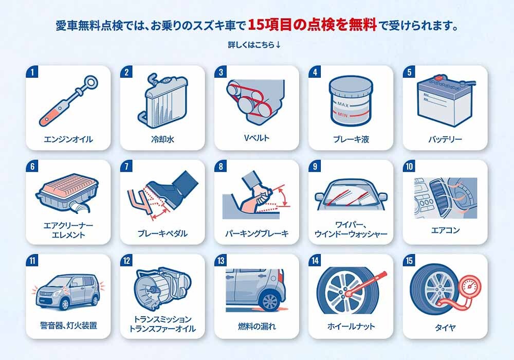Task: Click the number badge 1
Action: [x=32, y=72]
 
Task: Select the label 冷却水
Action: [x=162, y=139]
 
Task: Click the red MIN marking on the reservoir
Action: [x=342, y=115]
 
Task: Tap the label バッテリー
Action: [x=445, y=139]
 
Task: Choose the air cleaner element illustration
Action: [x=67, y=193]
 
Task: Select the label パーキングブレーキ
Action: [x=256, y=233]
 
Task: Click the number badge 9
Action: [x=315, y=166]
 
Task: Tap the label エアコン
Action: [x=445, y=230]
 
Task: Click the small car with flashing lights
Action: [x=68, y=292]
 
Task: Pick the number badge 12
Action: [x=126, y=261]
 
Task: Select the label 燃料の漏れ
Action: [x=257, y=326]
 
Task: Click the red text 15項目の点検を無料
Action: [x=312, y=25]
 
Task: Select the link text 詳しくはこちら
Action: [x=251, y=45]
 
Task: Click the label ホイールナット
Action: [x=351, y=326]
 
